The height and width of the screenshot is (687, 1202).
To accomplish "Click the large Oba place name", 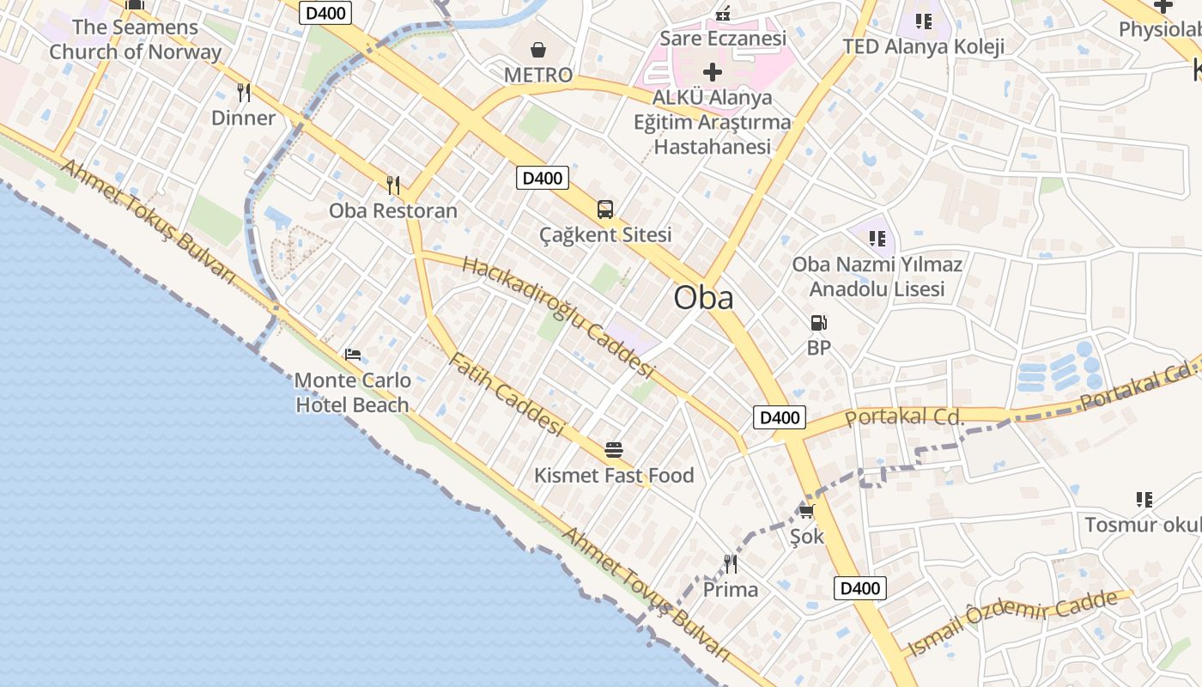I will click(x=703, y=298).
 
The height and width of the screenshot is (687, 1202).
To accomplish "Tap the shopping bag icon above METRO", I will click(x=538, y=50).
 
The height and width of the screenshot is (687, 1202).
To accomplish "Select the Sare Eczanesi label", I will click(x=723, y=39).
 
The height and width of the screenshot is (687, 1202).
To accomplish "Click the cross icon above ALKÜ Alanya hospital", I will click(x=713, y=72).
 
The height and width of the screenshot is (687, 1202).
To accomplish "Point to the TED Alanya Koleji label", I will click(x=923, y=46).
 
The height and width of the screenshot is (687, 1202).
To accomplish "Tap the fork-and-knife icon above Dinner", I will click(x=244, y=93).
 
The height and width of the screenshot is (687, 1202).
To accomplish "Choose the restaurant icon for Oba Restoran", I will click(x=393, y=185).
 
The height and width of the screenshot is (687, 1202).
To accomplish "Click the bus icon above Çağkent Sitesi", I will click(x=605, y=210).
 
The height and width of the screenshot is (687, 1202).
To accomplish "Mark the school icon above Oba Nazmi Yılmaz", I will click(x=877, y=238).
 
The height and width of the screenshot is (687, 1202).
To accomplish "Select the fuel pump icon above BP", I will click(x=819, y=323).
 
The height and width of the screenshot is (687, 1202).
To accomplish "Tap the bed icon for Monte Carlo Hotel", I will click(x=352, y=355).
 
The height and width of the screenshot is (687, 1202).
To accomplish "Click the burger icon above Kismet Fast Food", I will click(x=614, y=449).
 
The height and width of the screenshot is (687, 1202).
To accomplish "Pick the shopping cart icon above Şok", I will click(x=806, y=511).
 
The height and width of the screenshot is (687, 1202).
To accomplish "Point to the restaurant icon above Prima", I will click(x=731, y=564).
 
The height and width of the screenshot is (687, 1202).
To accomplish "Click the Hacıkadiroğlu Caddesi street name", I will click(x=558, y=316).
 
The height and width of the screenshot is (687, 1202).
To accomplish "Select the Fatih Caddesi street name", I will click(x=507, y=393).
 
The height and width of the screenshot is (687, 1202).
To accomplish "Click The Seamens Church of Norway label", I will click(x=135, y=40).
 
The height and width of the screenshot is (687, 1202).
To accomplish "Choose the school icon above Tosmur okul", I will click(x=1144, y=499).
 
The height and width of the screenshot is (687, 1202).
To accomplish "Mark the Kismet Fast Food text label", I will click(x=614, y=476).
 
